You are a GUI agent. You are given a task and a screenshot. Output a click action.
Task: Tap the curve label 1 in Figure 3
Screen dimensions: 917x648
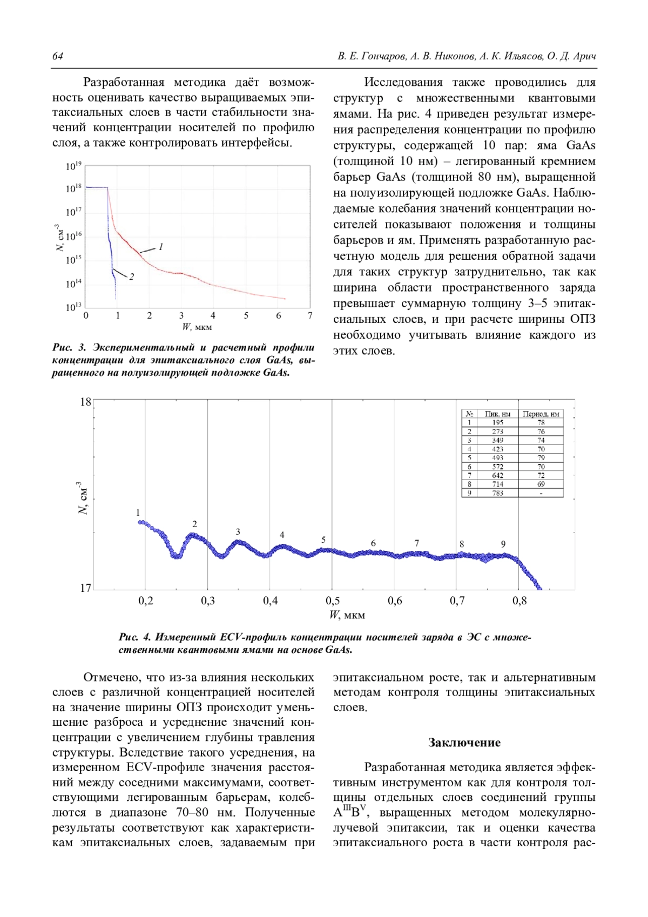pyautogui.click(x=160, y=247)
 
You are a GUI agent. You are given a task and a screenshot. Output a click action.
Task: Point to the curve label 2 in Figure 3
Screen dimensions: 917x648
pyautogui.click(x=131, y=277)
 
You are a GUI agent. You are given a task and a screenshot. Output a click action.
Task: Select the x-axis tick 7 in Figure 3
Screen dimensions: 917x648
pyautogui.click(x=310, y=316)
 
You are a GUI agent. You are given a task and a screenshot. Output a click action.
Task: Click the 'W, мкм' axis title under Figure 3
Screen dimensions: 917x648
pyautogui.click(x=197, y=327)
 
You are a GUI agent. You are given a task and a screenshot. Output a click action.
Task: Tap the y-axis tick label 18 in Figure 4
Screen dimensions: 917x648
pyautogui.click(x=85, y=402)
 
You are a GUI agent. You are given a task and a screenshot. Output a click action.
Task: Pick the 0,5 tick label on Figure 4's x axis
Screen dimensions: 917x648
pyautogui.click(x=333, y=601)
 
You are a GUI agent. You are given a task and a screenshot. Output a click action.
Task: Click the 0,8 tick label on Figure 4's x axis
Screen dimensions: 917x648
pyautogui.click(x=519, y=601)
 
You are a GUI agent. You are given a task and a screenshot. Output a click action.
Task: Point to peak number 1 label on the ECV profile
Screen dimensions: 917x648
pyautogui.click(x=138, y=513)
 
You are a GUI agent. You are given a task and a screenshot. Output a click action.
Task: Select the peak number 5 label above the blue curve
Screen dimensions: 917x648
pyautogui.click(x=323, y=540)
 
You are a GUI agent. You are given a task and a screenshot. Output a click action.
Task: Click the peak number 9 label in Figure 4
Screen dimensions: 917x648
pyautogui.click(x=503, y=544)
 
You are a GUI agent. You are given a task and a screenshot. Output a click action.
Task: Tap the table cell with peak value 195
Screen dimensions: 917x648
pyautogui.click(x=497, y=423)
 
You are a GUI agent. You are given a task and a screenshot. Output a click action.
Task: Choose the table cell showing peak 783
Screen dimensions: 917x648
pyautogui.click(x=497, y=493)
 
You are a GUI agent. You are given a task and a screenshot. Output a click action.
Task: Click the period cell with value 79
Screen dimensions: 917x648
pyautogui.click(x=541, y=458)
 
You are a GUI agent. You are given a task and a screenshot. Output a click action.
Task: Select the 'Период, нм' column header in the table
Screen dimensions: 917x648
pyautogui.click(x=541, y=414)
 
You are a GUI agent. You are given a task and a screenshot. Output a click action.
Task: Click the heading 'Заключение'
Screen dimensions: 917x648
pyautogui.click(x=464, y=743)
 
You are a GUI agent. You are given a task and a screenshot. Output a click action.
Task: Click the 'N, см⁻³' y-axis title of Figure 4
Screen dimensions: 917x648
pyautogui.click(x=83, y=497)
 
